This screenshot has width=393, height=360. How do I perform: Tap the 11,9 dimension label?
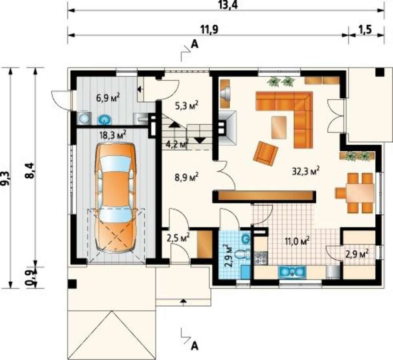tap(209, 29)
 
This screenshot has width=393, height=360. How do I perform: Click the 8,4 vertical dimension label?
tap(30, 170)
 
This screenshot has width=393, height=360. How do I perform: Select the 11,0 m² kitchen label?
tap(296, 241)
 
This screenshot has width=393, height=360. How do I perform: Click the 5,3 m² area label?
tap(186, 105)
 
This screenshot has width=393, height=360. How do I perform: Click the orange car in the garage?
tap(116, 197)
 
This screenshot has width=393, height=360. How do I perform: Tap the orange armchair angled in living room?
tap(266, 153)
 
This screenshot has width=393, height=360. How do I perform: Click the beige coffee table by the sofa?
tap(279, 127)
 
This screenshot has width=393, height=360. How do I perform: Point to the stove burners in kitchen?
tap(261, 258)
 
